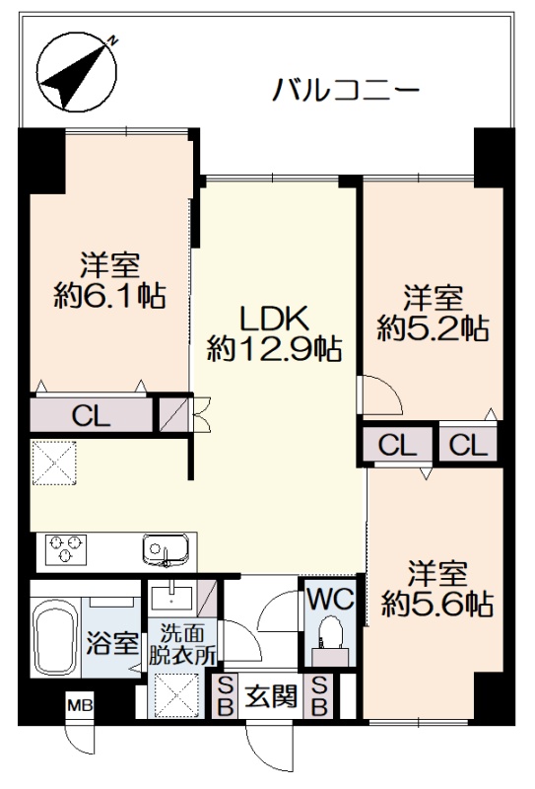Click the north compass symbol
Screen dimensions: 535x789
point(78,71)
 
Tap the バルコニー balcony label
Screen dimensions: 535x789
point(346,91)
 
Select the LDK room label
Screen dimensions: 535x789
point(275,318)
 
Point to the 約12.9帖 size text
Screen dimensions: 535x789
point(275,349)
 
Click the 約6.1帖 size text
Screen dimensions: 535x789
point(109,295)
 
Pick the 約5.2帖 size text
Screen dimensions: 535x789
point(433,328)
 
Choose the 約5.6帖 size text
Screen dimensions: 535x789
point(436,604)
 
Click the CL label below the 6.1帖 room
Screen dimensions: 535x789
point(91,415)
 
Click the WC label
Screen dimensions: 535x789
point(330,599)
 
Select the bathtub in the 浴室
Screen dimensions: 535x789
point(55,637)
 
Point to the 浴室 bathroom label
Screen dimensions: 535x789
point(111,644)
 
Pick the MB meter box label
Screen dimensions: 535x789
point(80,705)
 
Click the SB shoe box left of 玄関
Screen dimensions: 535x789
point(226,696)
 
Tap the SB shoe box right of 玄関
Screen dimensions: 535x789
point(319,696)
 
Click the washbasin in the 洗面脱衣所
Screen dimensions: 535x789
point(171,598)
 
